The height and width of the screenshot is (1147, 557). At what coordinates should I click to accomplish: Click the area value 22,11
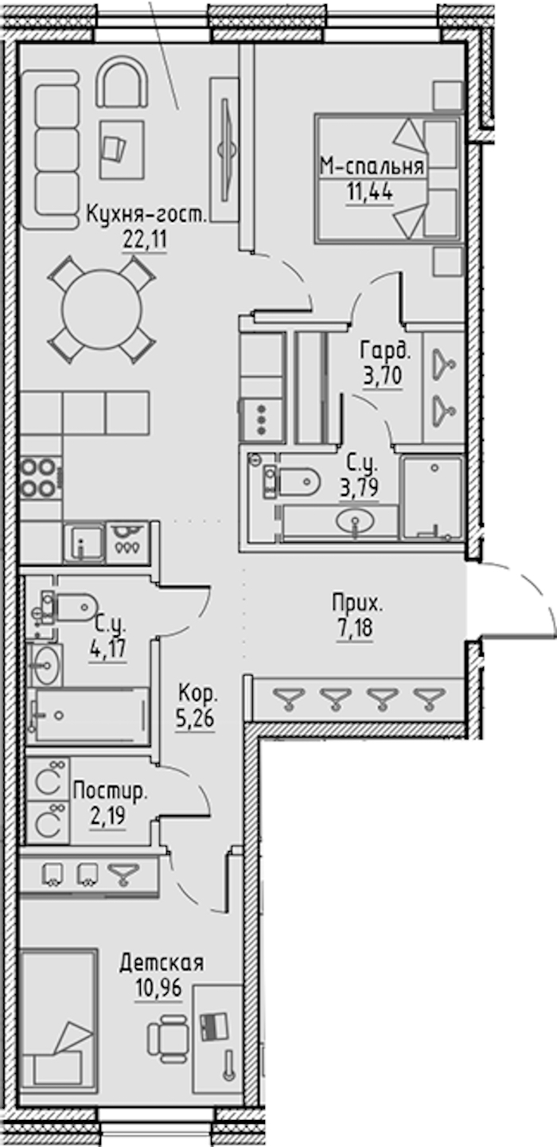tap(145, 239)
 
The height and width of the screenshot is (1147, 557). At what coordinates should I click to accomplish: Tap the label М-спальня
tap(372, 166)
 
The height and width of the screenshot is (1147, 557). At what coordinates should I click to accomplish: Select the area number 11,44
tap(370, 193)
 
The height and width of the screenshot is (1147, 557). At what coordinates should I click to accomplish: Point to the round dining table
tap(101, 310)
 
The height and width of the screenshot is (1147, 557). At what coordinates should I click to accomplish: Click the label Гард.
tap(385, 351)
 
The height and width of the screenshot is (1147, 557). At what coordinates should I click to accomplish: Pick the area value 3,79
tap(360, 486)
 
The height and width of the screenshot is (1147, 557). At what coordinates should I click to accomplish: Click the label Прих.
tap(357, 603)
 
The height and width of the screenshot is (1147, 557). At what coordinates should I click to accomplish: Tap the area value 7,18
tap(355, 629)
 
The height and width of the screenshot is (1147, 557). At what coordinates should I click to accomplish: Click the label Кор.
tap(197, 694)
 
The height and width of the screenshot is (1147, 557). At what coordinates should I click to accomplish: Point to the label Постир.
tap(110, 791)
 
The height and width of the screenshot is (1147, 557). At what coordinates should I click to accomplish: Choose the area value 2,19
tap(107, 816)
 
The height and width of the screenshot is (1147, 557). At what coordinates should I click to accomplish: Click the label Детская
tap(162, 963)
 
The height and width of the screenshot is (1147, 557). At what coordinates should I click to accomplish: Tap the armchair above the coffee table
tap(123, 82)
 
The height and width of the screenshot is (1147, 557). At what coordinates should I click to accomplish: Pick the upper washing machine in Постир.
tap(48, 778)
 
